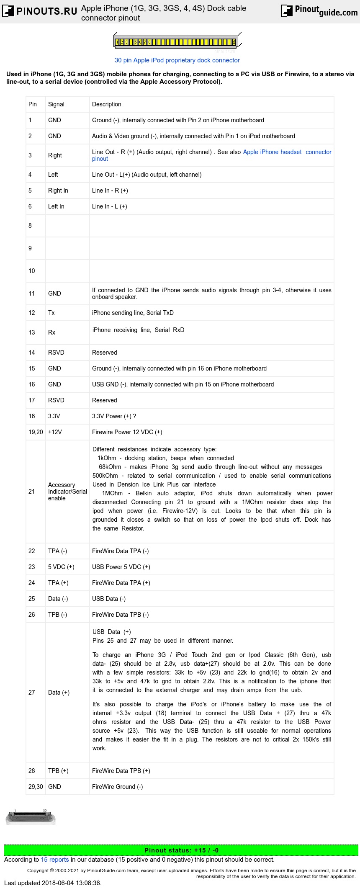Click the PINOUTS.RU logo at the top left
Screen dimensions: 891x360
(x=40, y=11)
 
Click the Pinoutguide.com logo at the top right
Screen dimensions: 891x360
(x=319, y=11)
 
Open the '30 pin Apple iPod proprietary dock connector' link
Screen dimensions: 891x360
(x=177, y=60)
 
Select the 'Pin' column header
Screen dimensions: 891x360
(x=33, y=104)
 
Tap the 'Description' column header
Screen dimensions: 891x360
(x=107, y=104)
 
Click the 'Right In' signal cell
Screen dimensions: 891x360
(x=58, y=191)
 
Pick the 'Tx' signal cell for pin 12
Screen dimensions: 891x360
(x=51, y=313)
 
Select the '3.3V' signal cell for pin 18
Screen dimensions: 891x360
(x=54, y=416)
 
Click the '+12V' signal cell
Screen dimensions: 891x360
(x=55, y=432)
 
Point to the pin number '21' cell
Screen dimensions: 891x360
(x=32, y=492)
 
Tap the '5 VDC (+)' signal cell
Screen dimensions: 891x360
(x=61, y=567)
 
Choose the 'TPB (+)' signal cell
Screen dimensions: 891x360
(x=58, y=771)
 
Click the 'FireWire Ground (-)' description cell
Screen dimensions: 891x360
(x=118, y=787)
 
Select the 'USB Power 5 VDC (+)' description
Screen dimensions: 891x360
(x=121, y=567)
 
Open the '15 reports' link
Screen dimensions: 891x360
(x=54, y=860)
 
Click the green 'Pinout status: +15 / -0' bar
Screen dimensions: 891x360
(x=181, y=850)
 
